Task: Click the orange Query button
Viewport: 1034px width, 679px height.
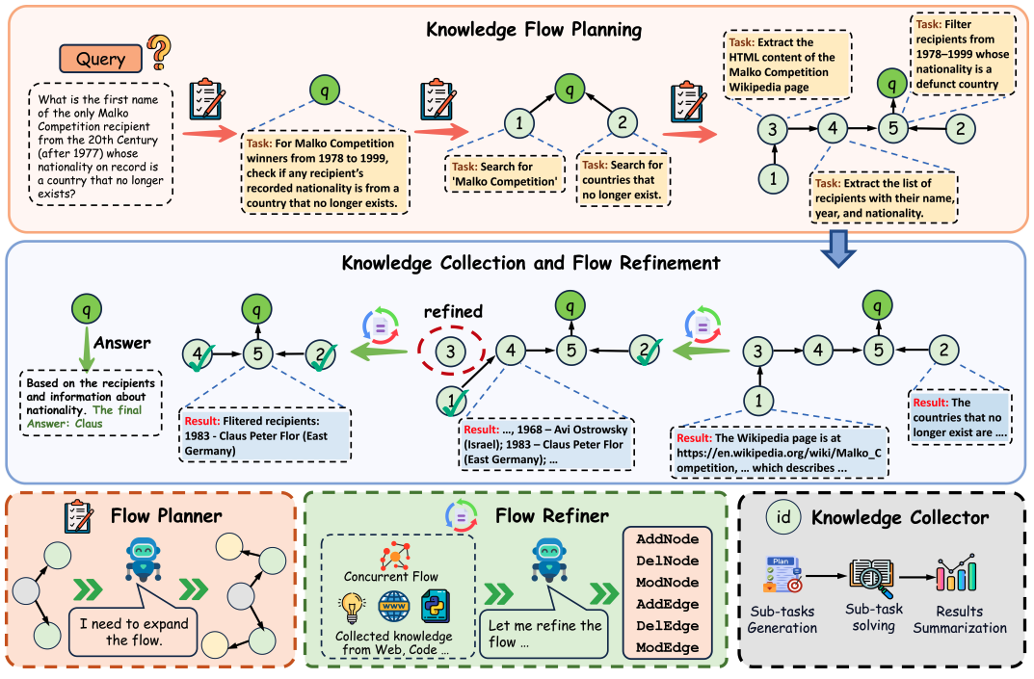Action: pos(100,59)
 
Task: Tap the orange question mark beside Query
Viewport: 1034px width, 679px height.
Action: pos(158,53)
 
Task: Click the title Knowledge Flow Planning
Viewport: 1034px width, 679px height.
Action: pos(534,30)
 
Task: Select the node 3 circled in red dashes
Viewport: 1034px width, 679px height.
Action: pos(450,352)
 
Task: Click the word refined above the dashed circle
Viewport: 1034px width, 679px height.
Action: pos(453,311)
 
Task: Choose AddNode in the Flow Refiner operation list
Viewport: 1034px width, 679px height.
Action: pos(668,539)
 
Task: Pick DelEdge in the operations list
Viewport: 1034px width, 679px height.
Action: pos(668,626)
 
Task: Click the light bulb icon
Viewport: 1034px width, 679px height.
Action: pos(352,608)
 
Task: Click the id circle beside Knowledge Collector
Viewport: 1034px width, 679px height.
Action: pos(782,516)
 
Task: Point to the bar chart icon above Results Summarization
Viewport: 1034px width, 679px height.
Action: pos(956,573)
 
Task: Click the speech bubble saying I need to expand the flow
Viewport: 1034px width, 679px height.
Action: pos(134,631)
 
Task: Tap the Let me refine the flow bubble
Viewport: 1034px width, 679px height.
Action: pos(544,634)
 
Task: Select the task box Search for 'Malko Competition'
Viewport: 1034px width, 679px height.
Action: pos(505,174)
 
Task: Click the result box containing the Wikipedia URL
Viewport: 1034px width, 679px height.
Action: pos(780,453)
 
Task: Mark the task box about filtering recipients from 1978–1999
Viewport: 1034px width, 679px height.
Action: pos(962,54)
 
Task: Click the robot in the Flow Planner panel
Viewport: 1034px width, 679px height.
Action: pos(143,559)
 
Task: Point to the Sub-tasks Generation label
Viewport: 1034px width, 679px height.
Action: pos(782,619)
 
